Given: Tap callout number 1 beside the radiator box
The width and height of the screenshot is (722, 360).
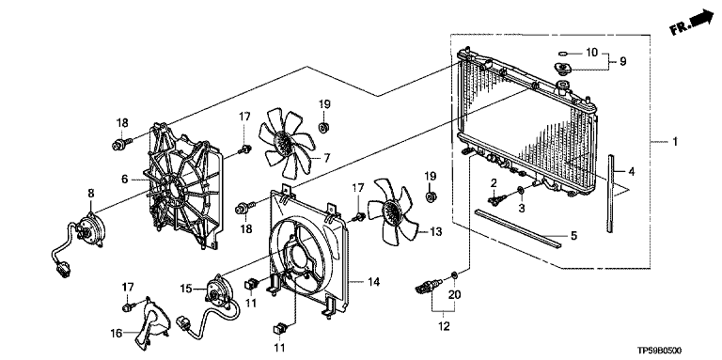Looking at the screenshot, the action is [674, 143].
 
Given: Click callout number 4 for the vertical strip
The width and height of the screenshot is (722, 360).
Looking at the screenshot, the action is [632, 173].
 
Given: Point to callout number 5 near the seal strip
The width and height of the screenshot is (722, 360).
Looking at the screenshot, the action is [573, 236].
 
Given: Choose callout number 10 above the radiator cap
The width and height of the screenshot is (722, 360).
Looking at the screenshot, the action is [591, 53].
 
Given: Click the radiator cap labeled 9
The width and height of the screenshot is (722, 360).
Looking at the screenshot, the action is [562, 70].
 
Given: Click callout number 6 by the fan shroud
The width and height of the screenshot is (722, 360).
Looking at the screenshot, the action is [125, 180].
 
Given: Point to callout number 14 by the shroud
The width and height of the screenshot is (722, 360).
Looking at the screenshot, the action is [374, 282].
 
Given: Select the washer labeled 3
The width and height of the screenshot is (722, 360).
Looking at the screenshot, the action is [520, 190].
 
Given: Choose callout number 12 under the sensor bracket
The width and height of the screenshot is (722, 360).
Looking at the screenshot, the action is [445, 327].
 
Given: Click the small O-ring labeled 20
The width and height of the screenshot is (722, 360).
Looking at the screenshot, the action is [454, 275].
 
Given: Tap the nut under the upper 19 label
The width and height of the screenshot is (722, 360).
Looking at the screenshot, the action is [324, 126].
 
